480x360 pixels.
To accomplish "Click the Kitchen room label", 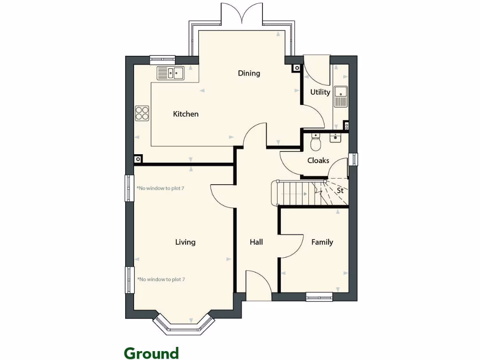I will point(186,114).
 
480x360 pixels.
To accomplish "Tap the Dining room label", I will point(248,73).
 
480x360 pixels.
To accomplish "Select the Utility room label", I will point(320,92).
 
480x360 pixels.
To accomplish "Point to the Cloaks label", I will point(318,160).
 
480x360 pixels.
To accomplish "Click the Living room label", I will point(185,242).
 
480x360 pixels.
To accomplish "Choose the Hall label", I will point(256,242).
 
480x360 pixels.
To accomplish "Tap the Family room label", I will point(322,242).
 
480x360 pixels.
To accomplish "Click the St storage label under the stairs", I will point(340,191).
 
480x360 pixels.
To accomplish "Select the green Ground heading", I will point(151,353).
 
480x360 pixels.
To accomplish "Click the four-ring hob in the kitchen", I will point(142,113).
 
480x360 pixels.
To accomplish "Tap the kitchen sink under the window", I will point(171,73).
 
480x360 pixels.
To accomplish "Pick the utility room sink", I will point(340,97).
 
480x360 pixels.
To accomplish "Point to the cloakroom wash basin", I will point(335,138).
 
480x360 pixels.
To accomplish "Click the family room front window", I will point(319,296).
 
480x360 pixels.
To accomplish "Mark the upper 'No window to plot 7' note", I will point(161,188).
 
